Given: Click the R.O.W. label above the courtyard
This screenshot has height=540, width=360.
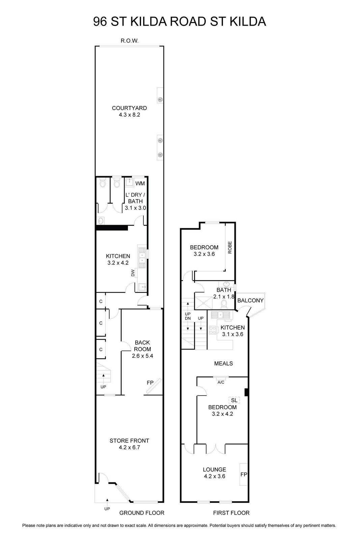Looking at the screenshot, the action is pyautogui.click(x=130, y=41).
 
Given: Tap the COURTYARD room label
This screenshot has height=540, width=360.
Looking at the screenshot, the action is pyautogui.click(x=130, y=108).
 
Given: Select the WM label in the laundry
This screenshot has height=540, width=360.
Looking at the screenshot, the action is pyautogui.click(x=140, y=184).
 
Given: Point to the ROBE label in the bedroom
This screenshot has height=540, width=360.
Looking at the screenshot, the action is pyautogui.click(x=230, y=247).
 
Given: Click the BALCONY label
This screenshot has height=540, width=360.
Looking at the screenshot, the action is pyautogui.click(x=250, y=300).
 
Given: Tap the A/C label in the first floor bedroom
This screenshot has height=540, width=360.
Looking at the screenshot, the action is pyautogui.click(x=221, y=382).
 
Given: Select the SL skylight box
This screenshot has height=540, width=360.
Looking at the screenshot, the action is pyautogui.click(x=234, y=400).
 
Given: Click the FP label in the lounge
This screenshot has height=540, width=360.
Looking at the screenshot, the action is pyautogui.click(x=244, y=475).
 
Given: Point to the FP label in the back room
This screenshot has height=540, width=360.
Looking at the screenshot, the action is pyautogui.click(x=150, y=383).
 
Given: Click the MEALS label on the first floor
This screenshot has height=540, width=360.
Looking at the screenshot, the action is pyautogui.click(x=223, y=363).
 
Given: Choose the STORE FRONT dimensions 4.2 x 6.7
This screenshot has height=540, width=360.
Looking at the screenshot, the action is pyautogui.click(x=130, y=448).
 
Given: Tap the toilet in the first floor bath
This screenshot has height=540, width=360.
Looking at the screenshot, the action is pyautogui.click(x=224, y=304).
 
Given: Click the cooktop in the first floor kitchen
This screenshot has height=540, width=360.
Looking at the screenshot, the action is pyautogui.click(x=212, y=330).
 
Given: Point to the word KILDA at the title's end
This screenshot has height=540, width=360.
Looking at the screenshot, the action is pyautogui.click(x=248, y=22).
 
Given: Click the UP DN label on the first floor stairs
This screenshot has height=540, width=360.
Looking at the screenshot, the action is pyautogui.click(x=188, y=316).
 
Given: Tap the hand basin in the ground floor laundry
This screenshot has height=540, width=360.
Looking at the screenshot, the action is pyautogui.click(x=101, y=220).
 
